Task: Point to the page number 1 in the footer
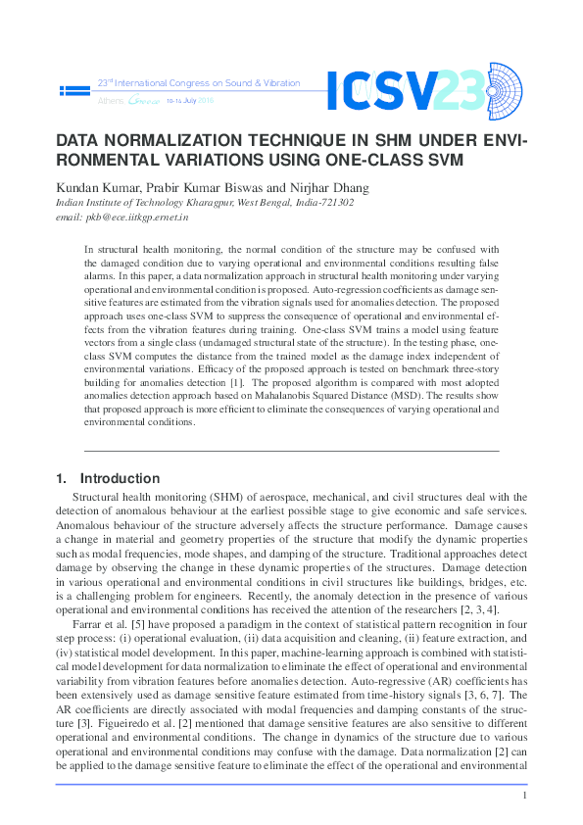pos(525,796)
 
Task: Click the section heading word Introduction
pos(120,479)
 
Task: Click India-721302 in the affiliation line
pos(319,203)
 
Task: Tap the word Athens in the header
pos(109,101)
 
